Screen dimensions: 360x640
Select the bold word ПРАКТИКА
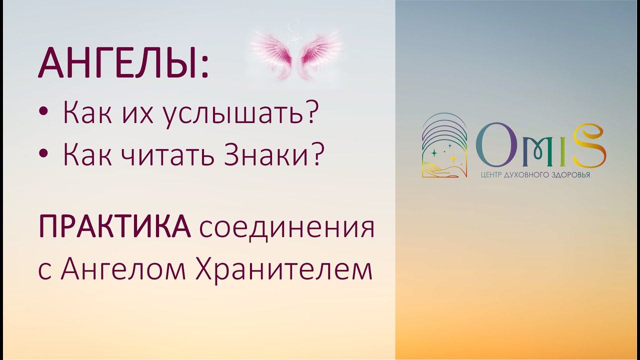[x=114, y=229]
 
